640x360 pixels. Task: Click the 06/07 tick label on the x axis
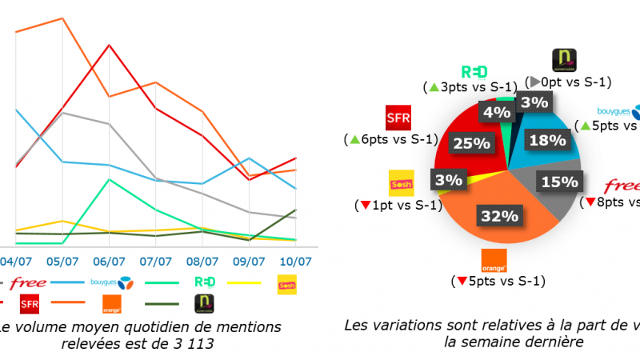pos(109,262)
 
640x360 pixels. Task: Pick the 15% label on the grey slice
pos(559,182)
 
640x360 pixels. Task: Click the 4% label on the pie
pos(490,111)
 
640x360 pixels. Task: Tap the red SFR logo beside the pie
pos(398,119)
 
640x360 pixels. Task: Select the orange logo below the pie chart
pos(493,262)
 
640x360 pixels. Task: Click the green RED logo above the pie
pos(474,70)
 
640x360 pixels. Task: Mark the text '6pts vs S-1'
pos(398,139)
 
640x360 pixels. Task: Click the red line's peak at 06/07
pos(109,45)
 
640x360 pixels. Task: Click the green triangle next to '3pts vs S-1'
pos(433,86)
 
